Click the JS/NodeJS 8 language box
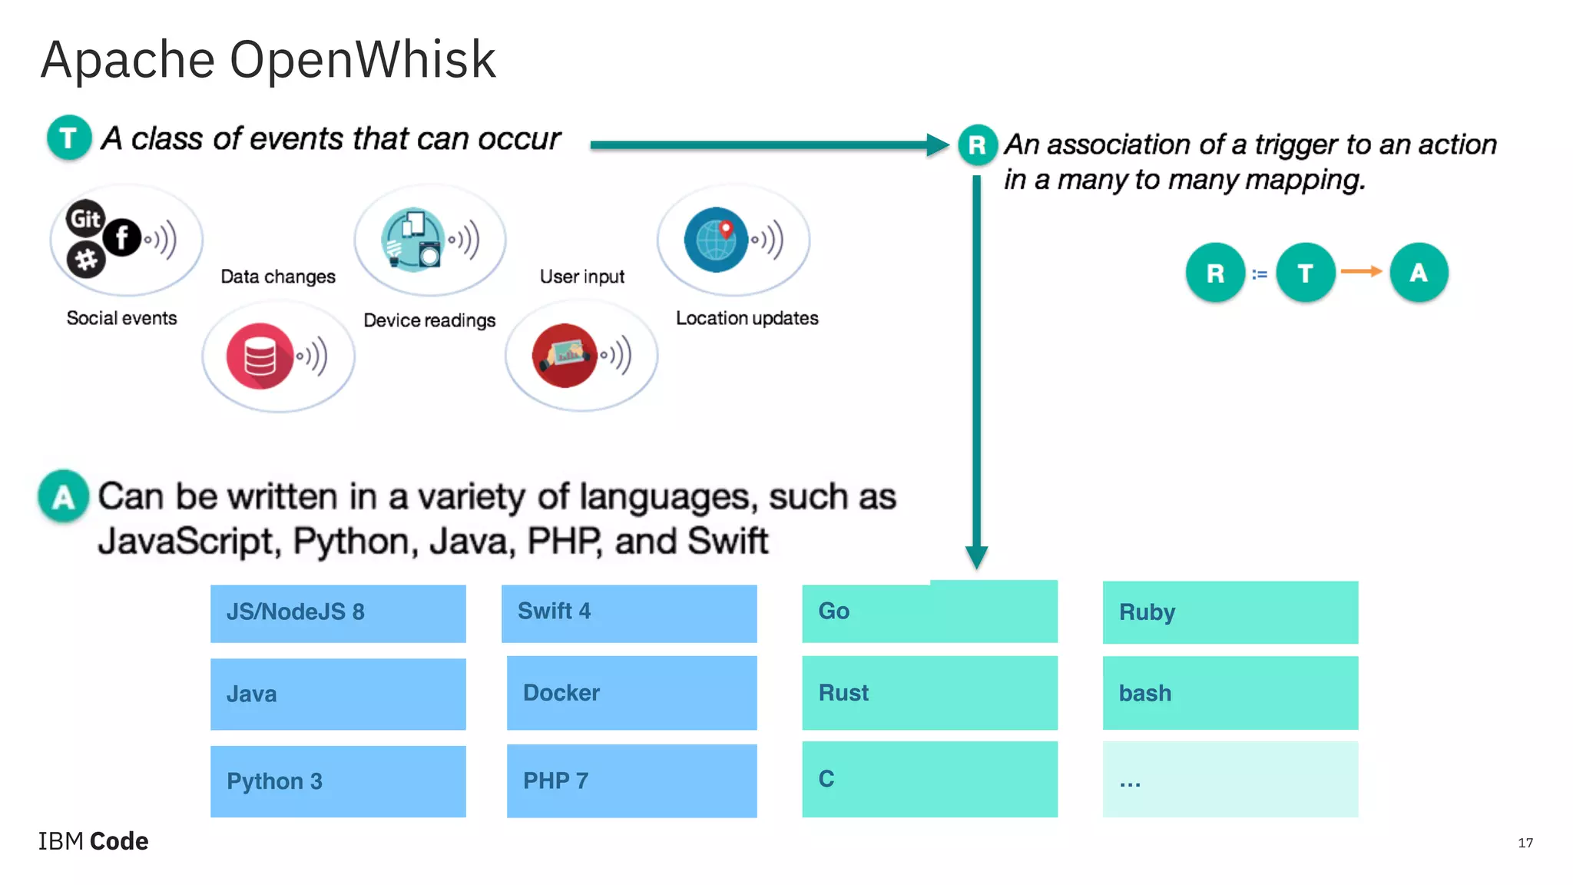[x=338, y=613]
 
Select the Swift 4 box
[x=629, y=613]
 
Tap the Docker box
[x=631, y=692]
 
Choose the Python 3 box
[x=338, y=781]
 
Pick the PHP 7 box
[x=631, y=781]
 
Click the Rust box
[x=929, y=692]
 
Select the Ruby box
[x=1230, y=612]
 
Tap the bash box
[x=1230, y=692]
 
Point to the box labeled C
[x=929, y=779]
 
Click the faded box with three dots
[x=1230, y=779]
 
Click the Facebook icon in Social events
[x=122, y=237]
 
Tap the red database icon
[x=260, y=356]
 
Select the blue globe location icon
[x=716, y=240]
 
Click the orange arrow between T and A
[x=1361, y=271]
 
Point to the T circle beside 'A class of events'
[x=69, y=138]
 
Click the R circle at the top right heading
[x=977, y=144]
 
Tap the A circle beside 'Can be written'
[x=64, y=496]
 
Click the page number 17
[x=1525, y=843]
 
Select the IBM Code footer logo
[x=94, y=841]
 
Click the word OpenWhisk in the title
[x=363, y=60]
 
